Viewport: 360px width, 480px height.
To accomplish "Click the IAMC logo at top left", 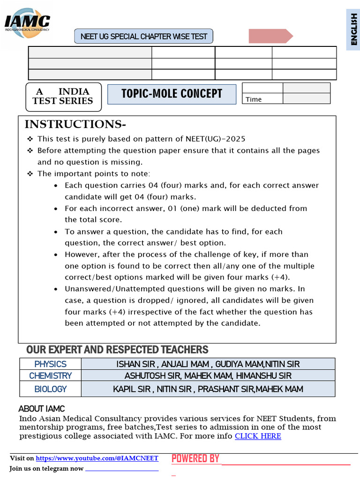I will click(x=27, y=22).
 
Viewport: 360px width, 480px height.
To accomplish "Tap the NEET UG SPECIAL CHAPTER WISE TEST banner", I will click(x=144, y=36).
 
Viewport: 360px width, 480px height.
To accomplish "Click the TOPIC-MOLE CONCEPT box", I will click(x=172, y=94).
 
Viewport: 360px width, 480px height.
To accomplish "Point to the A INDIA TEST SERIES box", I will click(x=63, y=97).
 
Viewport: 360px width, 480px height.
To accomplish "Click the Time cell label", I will click(x=254, y=99).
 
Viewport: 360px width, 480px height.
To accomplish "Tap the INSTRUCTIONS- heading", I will click(x=75, y=124).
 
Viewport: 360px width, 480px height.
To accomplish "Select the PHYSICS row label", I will click(x=50, y=364).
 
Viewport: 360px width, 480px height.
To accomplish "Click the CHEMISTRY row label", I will click(x=50, y=375).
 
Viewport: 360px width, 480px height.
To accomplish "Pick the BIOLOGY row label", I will click(x=50, y=389).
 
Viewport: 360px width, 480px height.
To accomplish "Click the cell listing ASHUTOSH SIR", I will click(x=208, y=375).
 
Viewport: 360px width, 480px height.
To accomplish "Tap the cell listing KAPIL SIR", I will click(x=208, y=389).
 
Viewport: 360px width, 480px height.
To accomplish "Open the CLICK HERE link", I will click(x=258, y=436).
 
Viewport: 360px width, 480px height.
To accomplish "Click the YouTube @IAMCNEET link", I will click(x=97, y=458).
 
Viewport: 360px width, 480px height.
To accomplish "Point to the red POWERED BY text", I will click(x=195, y=458).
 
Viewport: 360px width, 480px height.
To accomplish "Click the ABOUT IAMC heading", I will click(x=42, y=409).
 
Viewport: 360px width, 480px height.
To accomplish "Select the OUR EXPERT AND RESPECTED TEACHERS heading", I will click(x=117, y=350).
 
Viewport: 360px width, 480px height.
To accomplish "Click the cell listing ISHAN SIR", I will click(x=208, y=364).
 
